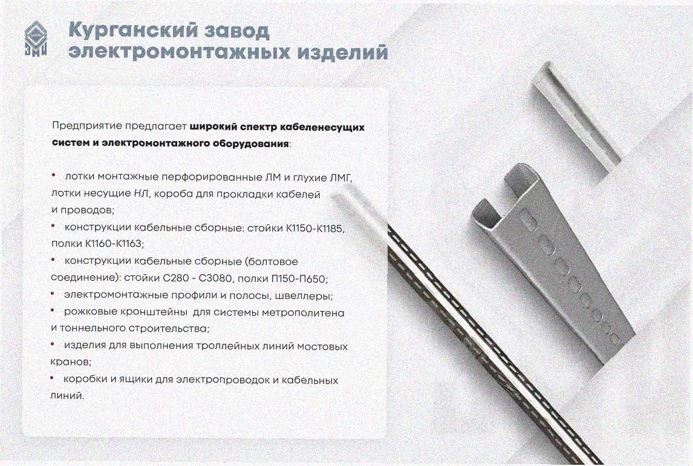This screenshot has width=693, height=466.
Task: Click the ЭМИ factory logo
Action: (x=35, y=39)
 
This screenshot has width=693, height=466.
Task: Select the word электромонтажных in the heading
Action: (x=178, y=52)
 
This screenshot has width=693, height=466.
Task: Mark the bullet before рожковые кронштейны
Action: (x=53, y=311)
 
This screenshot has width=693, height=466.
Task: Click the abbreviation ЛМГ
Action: (x=340, y=177)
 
